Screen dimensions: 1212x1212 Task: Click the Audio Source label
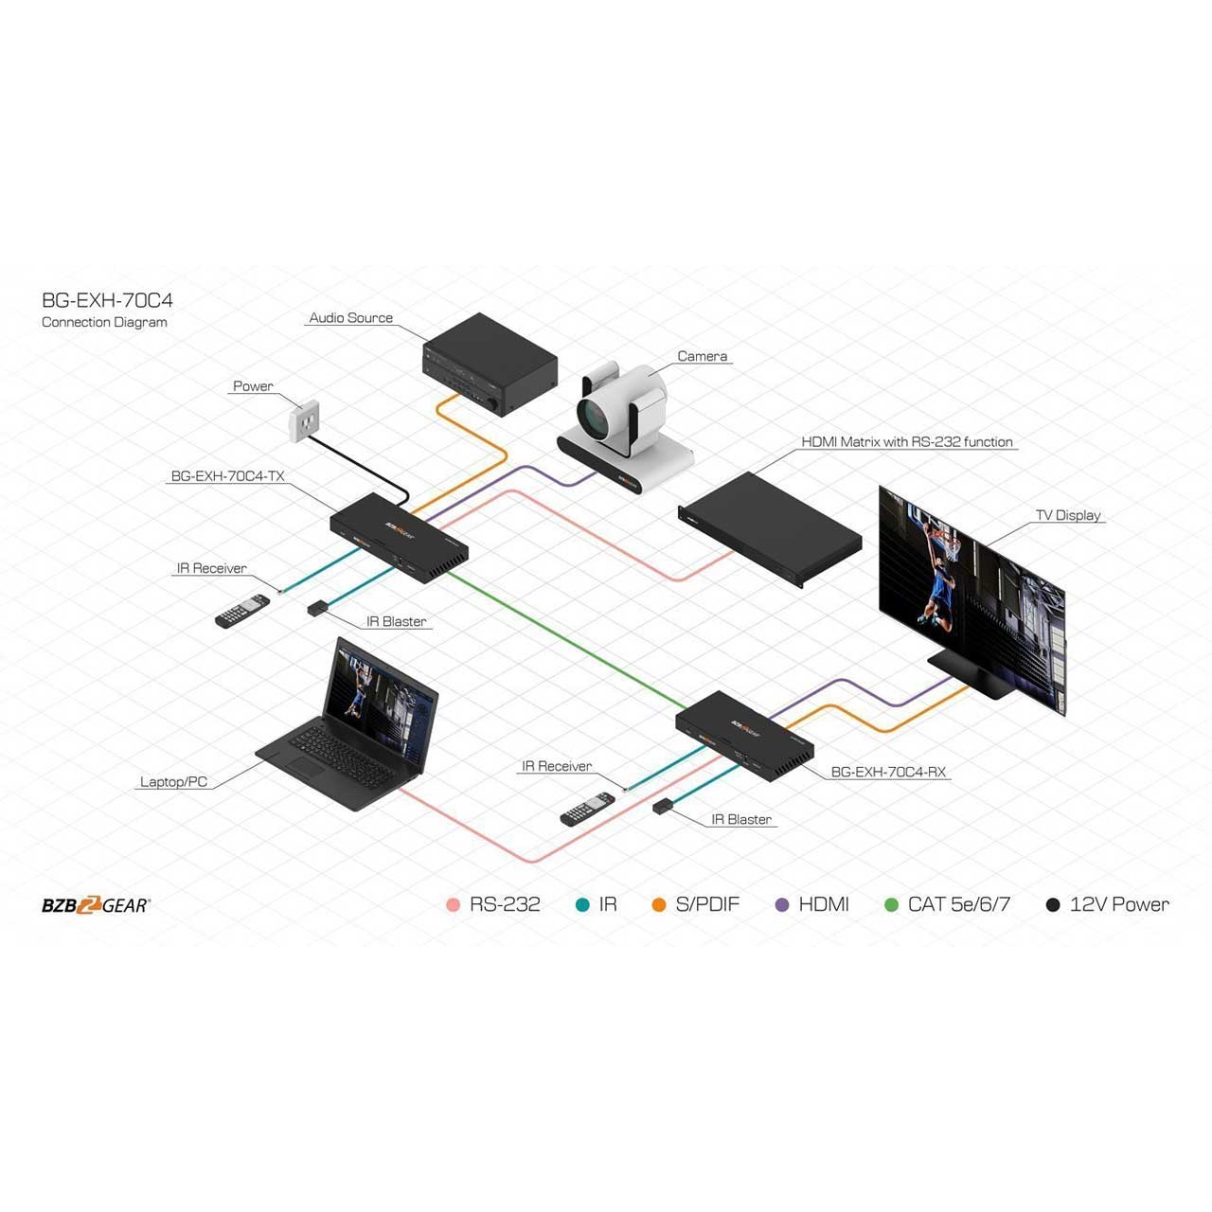point(350,318)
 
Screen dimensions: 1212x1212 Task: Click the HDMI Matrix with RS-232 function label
point(906,442)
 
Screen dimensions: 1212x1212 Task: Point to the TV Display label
point(1068,515)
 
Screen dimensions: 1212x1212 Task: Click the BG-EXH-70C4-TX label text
point(227,476)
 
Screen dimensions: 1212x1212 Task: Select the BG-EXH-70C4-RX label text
point(888,772)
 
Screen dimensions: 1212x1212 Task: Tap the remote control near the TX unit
point(242,611)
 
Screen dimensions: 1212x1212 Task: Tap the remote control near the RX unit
point(587,810)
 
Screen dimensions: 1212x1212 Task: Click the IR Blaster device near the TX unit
point(317,608)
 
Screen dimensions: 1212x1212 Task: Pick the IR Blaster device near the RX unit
point(663,807)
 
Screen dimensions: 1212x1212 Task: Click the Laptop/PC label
point(173,782)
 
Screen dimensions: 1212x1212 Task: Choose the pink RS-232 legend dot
point(453,905)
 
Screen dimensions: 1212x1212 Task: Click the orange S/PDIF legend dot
point(659,905)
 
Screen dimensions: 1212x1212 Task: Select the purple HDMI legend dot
point(782,905)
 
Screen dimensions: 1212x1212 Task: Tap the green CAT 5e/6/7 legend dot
point(891,905)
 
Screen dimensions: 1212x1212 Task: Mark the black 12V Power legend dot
point(1053,905)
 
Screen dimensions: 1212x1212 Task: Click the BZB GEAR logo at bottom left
point(96,905)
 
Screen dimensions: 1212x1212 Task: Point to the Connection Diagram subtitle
point(104,323)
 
